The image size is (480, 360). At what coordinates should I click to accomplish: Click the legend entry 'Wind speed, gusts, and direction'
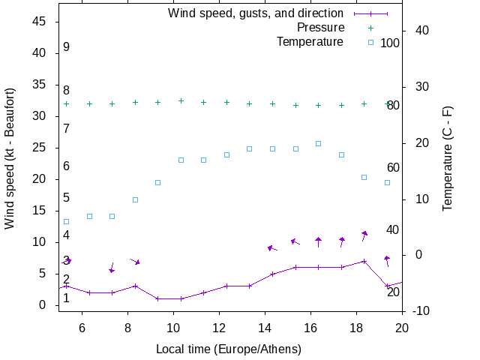(x=255, y=13)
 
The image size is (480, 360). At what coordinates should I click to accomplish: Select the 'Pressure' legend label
(x=321, y=28)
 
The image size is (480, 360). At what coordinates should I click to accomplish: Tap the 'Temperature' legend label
(x=310, y=41)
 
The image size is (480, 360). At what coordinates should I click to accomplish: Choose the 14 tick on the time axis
(x=265, y=327)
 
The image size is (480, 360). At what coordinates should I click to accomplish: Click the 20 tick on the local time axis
(x=402, y=327)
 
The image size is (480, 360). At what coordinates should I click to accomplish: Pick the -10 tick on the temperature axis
(x=417, y=311)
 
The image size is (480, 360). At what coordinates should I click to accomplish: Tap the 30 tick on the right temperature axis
(x=417, y=87)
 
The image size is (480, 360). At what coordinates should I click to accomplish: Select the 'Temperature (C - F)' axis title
(x=448, y=157)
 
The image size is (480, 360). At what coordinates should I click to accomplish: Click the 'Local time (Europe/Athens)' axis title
(x=229, y=349)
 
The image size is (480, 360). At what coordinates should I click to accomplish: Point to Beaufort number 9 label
(x=66, y=47)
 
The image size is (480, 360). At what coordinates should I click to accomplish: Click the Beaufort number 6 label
(x=66, y=166)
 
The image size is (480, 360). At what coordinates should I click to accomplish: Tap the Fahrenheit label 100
(x=390, y=43)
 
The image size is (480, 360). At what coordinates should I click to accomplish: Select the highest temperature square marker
(x=318, y=143)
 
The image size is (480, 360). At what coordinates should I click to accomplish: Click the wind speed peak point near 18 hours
(x=364, y=261)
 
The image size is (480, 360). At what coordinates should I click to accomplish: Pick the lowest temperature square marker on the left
(x=66, y=221)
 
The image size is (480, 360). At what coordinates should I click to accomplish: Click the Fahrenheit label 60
(x=393, y=167)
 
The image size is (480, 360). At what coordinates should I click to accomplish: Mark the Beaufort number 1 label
(x=66, y=298)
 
